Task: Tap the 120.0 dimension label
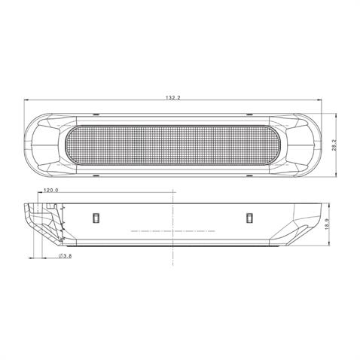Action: coord(51,191)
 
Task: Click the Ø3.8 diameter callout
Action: coord(65,258)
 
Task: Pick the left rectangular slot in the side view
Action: coord(95,218)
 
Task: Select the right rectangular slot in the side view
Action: coord(249,218)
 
